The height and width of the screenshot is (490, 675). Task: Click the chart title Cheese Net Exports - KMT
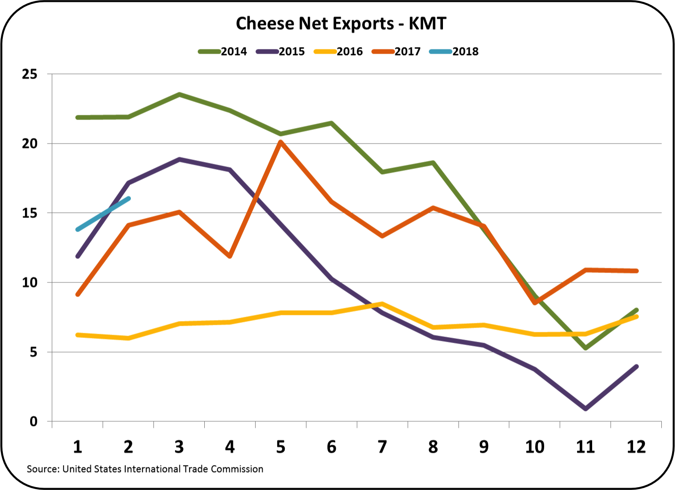pos(341,24)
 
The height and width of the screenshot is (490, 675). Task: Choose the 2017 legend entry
pos(396,52)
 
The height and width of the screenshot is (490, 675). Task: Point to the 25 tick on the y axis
pos(30,74)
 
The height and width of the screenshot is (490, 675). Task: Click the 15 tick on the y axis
pos(30,213)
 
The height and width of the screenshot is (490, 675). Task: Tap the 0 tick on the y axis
pos(33,422)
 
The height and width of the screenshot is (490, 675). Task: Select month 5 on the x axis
pos(281,447)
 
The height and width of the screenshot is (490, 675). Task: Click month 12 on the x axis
pos(636,447)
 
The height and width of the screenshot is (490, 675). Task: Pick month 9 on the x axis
pos(484,447)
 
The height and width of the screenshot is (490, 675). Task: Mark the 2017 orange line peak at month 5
pos(281,142)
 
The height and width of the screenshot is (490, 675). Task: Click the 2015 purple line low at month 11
pos(585,409)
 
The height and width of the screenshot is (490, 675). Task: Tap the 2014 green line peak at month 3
pos(179,95)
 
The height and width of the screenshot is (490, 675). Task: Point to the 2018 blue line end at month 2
pos(128,199)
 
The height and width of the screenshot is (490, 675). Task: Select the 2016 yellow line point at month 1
pos(78,335)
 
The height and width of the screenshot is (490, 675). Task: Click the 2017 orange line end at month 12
pos(636,271)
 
